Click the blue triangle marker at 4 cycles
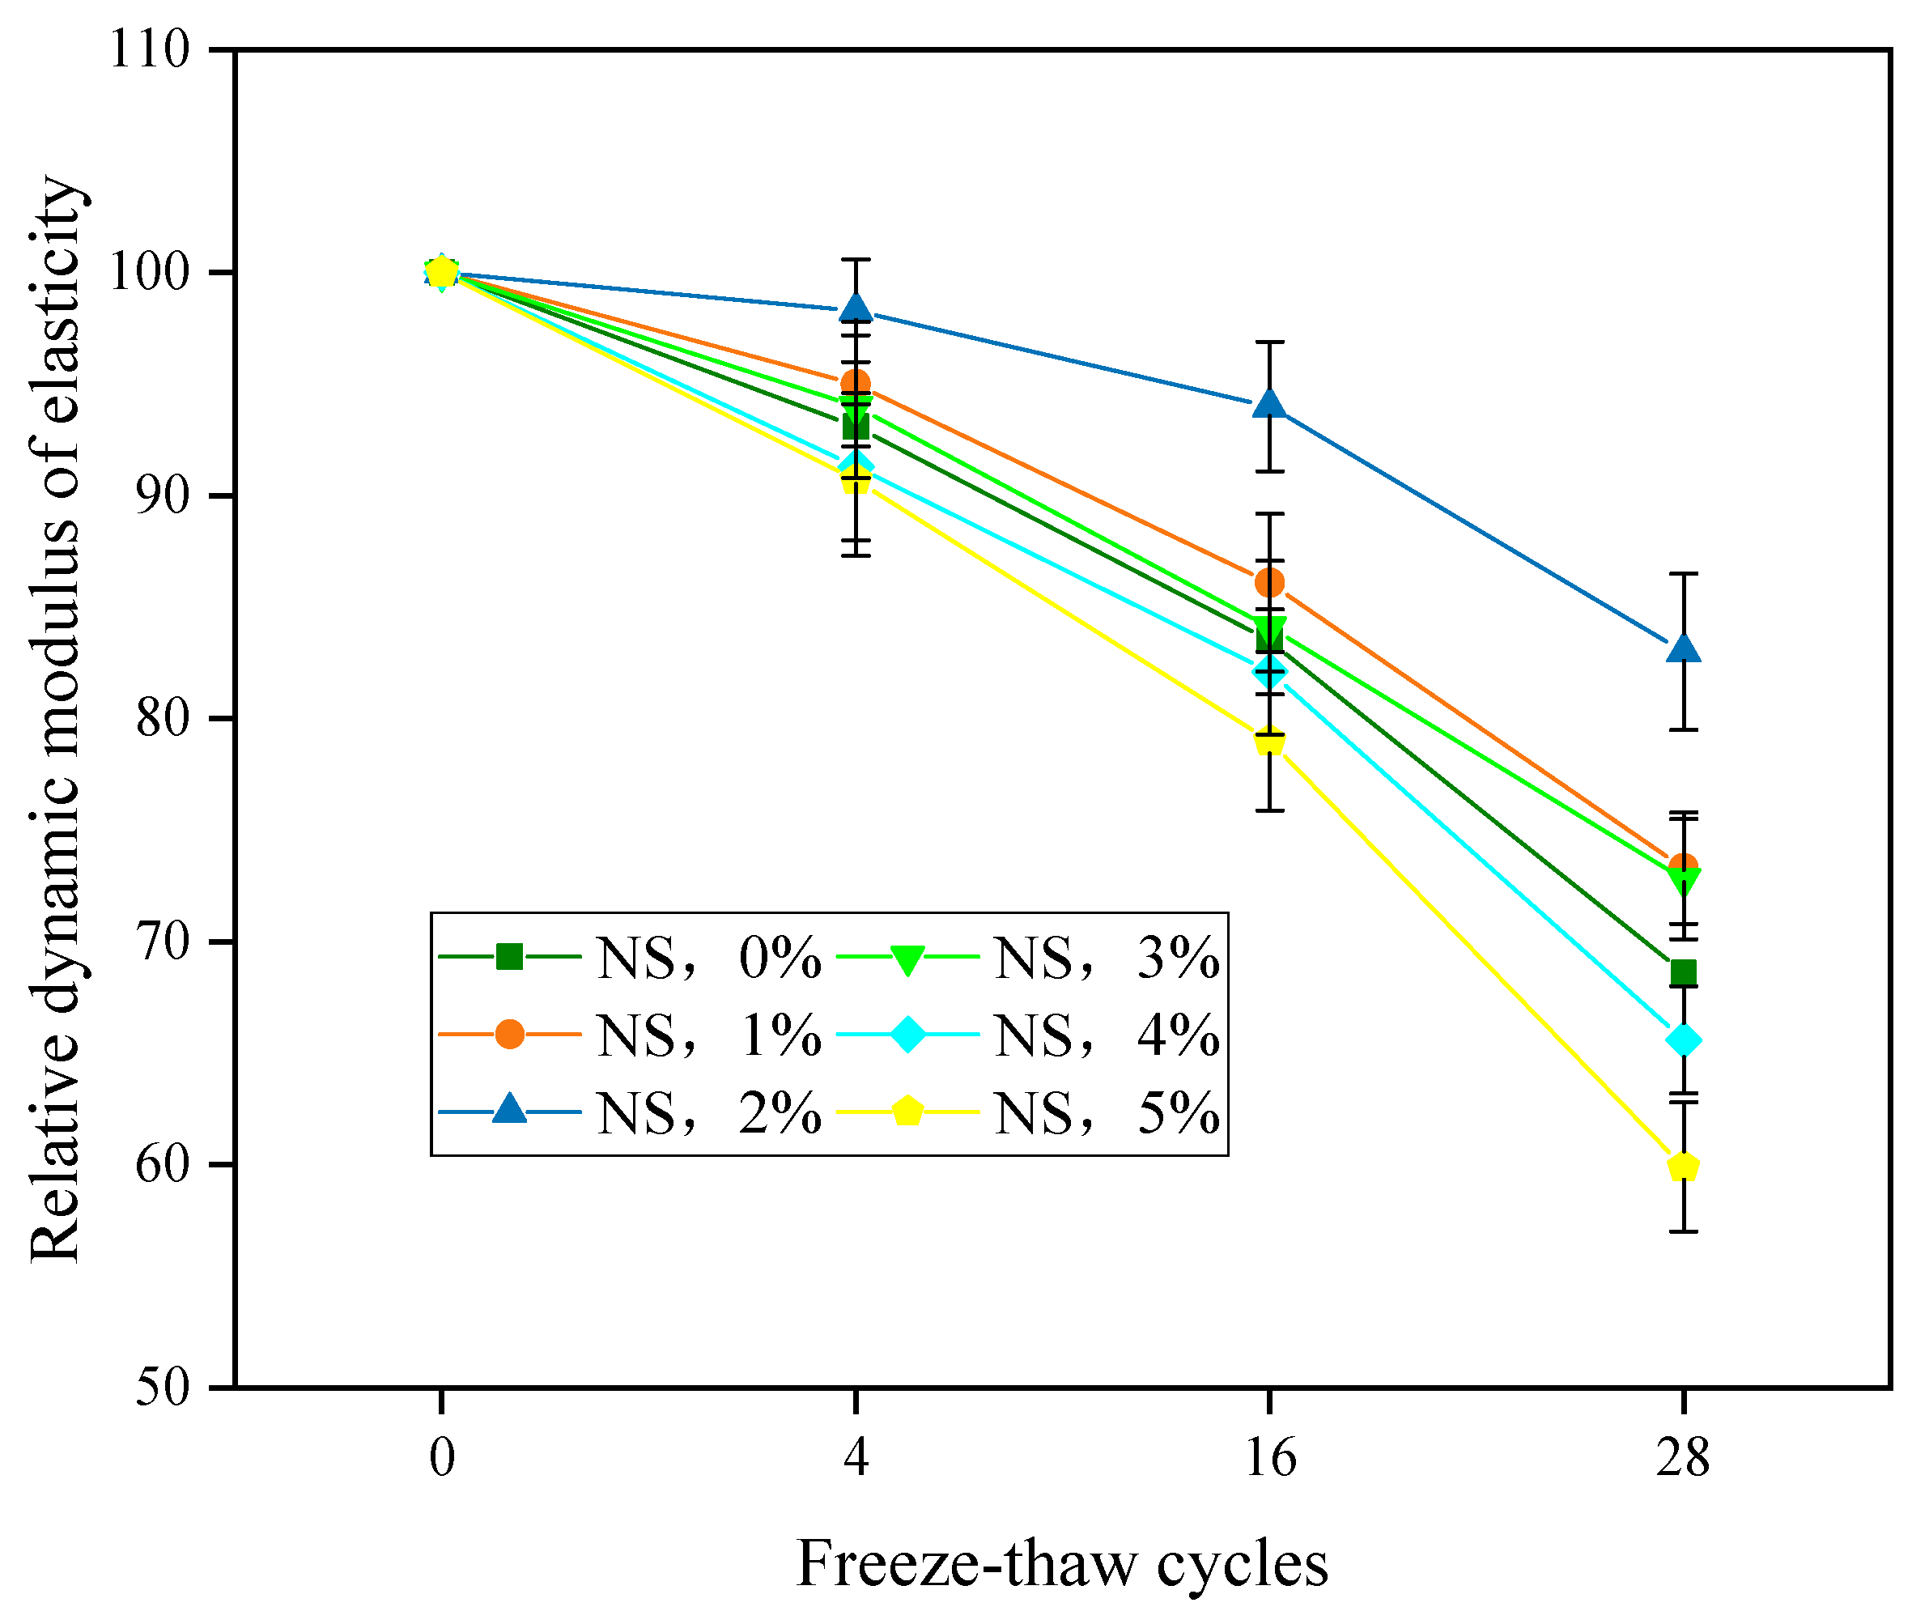pyautogui.click(x=856, y=308)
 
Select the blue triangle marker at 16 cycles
pyautogui.click(x=1269, y=404)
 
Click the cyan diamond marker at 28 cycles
pyautogui.click(x=1683, y=1041)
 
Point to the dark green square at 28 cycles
pyautogui.click(x=1683, y=973)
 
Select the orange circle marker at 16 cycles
pyautogui.click(x=1269, y=582)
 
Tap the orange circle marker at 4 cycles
pyautogui.click(x=856, y=384)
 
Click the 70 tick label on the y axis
pyautogui.click(x=163, y=942)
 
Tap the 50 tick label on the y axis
pyautogui.click(x=163, y=1388)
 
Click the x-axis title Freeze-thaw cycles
pyautogui.click(x=1062, y=1564)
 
